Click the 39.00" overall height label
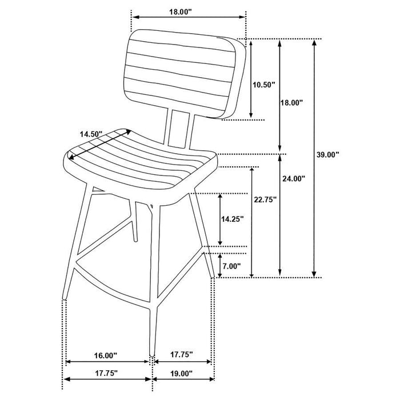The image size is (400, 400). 329,154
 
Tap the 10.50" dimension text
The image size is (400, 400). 263,85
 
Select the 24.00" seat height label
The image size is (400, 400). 294,178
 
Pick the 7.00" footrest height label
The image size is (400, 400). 232,266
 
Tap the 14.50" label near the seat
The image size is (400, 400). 91,134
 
